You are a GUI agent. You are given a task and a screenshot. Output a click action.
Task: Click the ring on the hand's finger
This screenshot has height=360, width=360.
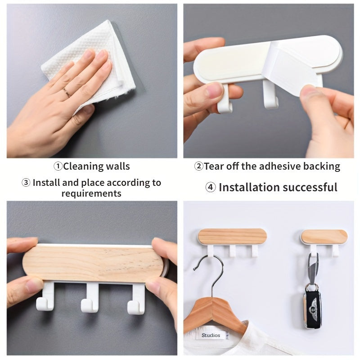[67, 92]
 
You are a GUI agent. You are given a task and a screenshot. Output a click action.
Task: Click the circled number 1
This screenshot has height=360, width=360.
[58, 166]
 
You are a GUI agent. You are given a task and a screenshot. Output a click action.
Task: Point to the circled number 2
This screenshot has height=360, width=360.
[199, 166]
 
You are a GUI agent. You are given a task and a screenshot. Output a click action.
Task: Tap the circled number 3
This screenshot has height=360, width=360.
[26, 183]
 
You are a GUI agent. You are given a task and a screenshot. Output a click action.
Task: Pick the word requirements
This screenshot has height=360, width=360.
[91, 193]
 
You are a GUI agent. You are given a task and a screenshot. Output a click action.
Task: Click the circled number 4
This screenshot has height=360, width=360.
[211, 187]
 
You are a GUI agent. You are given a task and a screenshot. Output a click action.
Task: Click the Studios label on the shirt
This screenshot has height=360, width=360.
[211, 335]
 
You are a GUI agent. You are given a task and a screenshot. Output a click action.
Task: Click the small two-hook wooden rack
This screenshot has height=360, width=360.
[324, 241]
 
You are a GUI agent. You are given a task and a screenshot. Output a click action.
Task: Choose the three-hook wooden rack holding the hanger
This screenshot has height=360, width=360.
[231, 241]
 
